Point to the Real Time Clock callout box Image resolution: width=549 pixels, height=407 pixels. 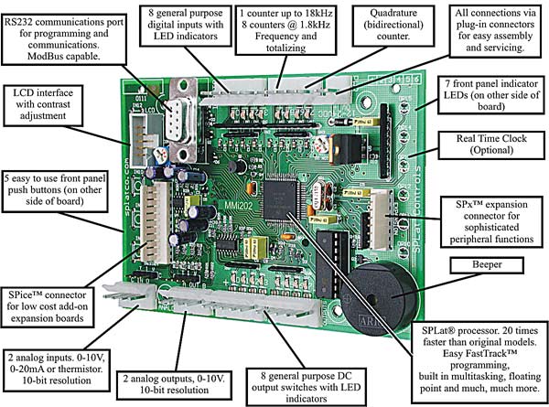498,144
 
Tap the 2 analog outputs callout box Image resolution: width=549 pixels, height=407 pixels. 172,381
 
